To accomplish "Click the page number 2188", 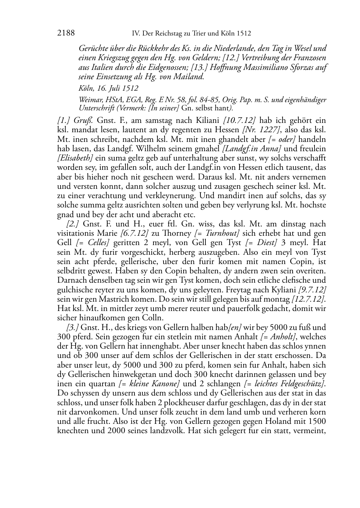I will tap(66, 33).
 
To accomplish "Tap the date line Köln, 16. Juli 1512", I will tap(108, 88).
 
